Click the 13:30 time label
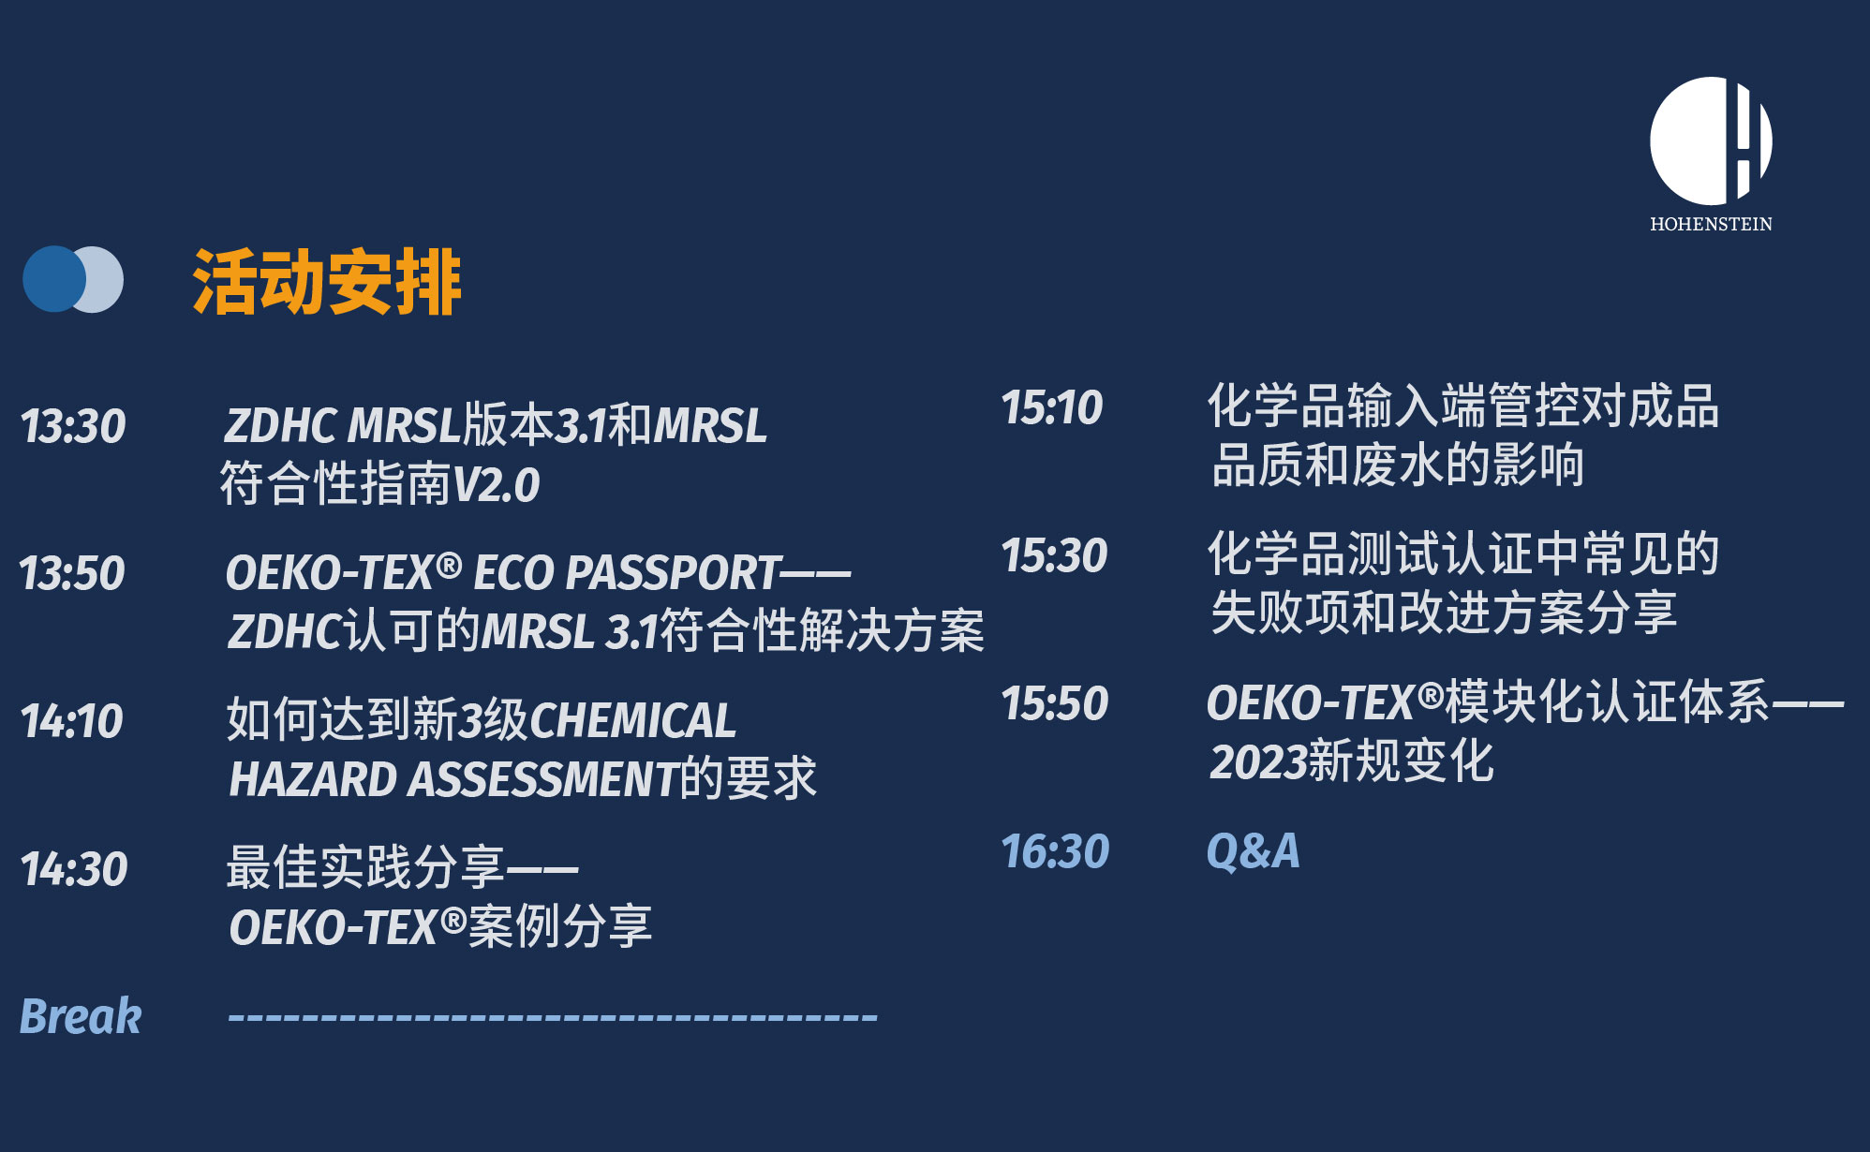tap(73, 426)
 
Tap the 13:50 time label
tap(72, 573)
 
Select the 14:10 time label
tap(72, 721)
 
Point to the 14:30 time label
tap(74, 869)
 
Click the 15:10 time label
tap(1052, 407)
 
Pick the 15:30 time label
tap(1055, 555)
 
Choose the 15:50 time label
tap(1055, 703)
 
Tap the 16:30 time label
tap(1056, 851)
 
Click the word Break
tap(81, 1016)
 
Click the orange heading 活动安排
tap(327, 282)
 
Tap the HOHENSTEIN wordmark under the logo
tap(1711, 224)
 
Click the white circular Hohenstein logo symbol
tap(1711, 140)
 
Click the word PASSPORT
tap(673, 573)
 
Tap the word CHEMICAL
tap(633, 721)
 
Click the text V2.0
tap(497, 485)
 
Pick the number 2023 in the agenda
tap(1258, 761)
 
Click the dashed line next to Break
tap(553, 1016)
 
